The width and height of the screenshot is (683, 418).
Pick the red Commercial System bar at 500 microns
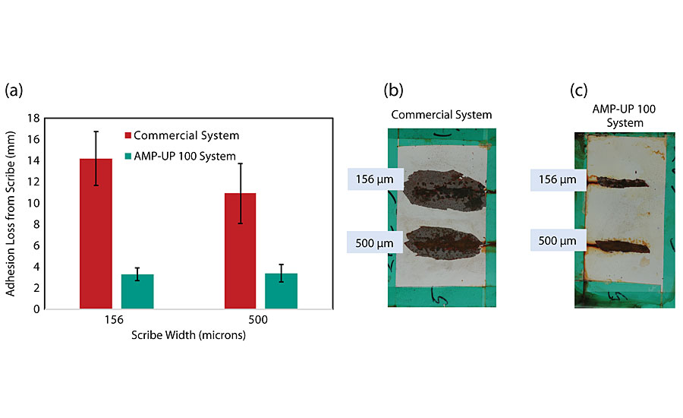(x=239, y=251)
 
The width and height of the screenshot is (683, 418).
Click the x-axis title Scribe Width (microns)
(x=189, y=334)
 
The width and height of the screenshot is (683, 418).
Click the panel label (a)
(x=14, y=90)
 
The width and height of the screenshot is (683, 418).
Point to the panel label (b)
(x=394, y=90)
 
